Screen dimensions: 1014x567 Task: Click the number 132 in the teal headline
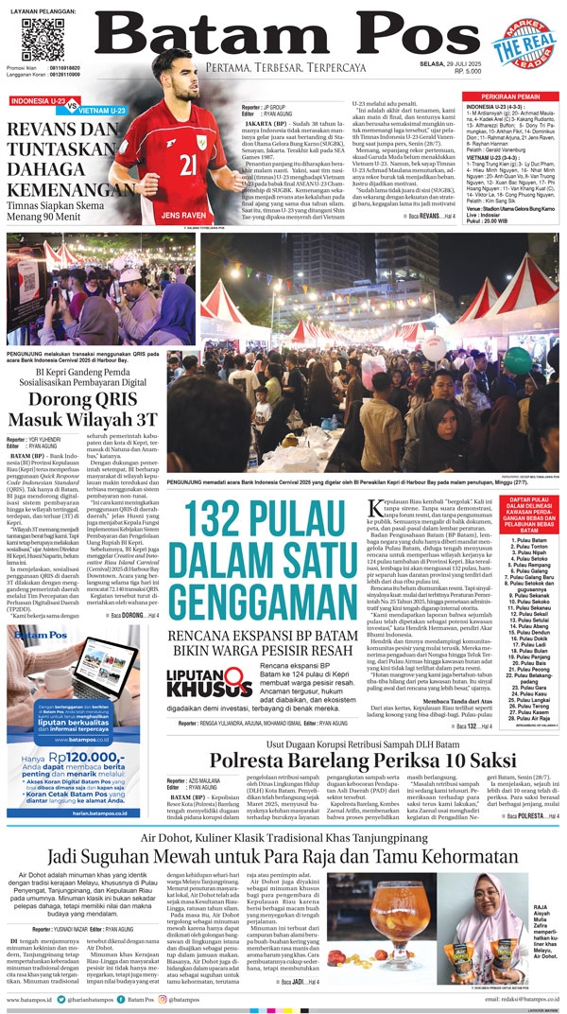227,522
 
